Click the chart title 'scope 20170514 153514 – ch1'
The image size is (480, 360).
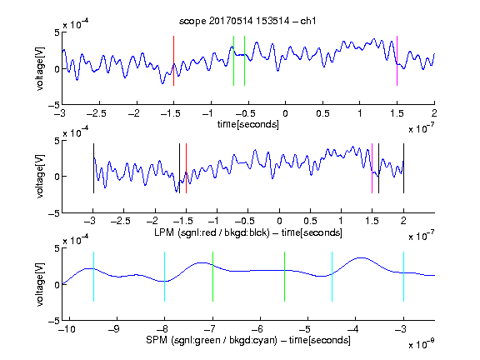pos(247,21)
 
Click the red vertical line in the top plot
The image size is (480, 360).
pos(173,61)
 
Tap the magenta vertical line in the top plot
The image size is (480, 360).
pos(397,61)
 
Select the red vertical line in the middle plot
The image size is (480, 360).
pos(186,168)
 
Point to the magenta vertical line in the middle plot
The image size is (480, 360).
pos(372,168)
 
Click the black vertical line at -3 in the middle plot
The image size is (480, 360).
pos(93,168)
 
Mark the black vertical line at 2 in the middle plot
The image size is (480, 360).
pos(403,168)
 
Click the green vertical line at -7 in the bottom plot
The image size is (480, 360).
pos(212,277)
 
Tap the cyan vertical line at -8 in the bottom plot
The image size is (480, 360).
pos(164,277)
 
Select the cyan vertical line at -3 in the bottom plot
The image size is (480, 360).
pos(403,277)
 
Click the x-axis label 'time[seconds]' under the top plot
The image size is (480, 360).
pos(248,125)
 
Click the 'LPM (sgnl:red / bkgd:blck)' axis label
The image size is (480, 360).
pos(212,232)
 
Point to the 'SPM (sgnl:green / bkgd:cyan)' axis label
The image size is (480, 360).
pos(212,340)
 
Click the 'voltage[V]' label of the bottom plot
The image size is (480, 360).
pos(40,284)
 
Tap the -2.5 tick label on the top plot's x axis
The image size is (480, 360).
pos(97,113)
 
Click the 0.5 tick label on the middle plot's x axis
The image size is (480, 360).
pos(310,221)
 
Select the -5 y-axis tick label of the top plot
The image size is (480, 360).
pos(54,105)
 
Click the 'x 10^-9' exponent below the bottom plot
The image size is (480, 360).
pos(422,344)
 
